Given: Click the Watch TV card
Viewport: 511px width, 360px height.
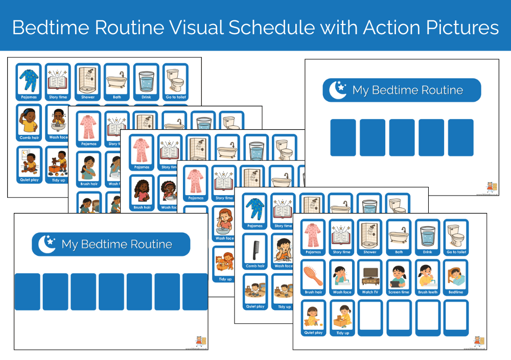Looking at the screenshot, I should pyautogui.click(x=370, y=277).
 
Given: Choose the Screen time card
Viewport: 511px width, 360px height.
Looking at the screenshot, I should pyautogui.click(x=399, y=277).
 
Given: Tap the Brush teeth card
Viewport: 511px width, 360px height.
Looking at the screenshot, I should pyautogui.click(x=427, y=277).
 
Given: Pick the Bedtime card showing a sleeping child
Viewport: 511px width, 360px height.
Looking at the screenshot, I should pyautogui.click(x=456, y=277).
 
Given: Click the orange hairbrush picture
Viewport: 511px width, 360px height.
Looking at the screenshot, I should pyautogui.click(x=313, y=274).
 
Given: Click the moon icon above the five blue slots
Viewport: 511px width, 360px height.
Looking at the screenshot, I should pyautogui.click(x=338, y=90).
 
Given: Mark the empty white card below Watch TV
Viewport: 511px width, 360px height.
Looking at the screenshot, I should pyautogui.click(x=370, y=318).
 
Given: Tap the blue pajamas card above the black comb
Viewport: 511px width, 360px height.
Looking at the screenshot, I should pyautogui.click(x=255, y=211).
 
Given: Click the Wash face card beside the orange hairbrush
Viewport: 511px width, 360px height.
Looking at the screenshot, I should pyautogui.click(x=341, y=277).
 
